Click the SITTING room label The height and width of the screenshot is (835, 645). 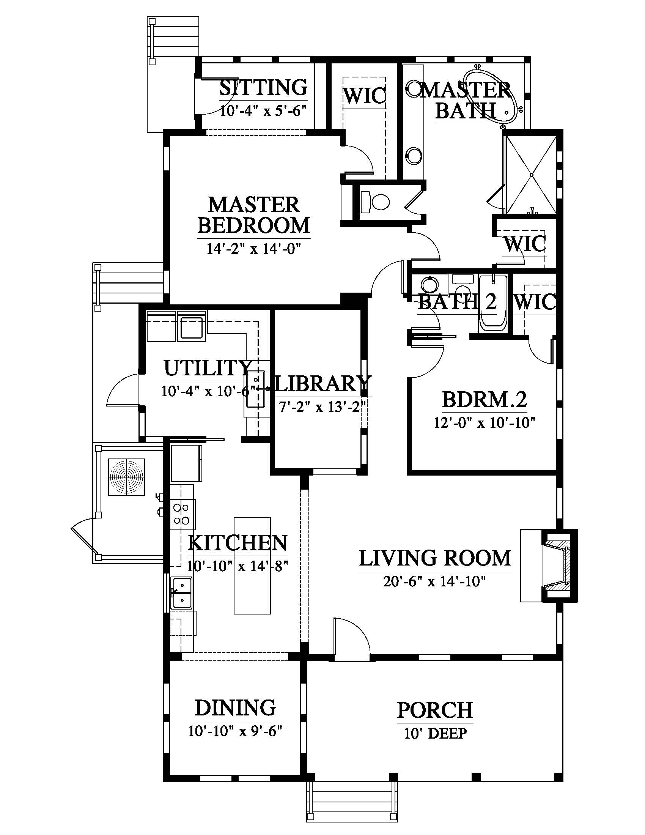coord(263,88)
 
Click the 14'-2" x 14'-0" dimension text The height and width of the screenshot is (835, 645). coord(254,249)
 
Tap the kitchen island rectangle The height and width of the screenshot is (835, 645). coord(252,566)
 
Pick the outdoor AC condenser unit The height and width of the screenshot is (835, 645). coord(127,477)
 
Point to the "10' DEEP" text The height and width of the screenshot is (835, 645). coord(436,734)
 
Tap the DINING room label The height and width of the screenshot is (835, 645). coord(235,708)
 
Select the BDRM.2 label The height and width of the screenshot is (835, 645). coord(485,400)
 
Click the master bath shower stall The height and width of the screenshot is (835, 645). coord(532,174)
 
